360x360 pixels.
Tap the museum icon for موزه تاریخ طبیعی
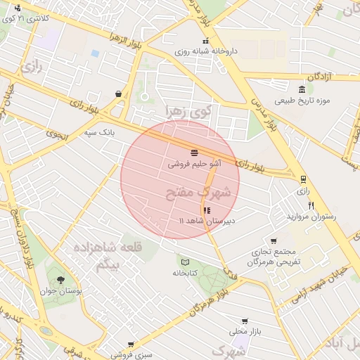(x=302, y=89)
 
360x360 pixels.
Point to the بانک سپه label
(x=99, y=131)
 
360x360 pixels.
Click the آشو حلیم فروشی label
(x=194, y=163)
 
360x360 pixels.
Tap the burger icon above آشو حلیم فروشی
(x=193, y=152)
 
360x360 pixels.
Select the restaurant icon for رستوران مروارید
(x=311, y=205)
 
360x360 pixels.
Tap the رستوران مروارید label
(x=311, y=217)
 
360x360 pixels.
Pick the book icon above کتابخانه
(x=184, y=262)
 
